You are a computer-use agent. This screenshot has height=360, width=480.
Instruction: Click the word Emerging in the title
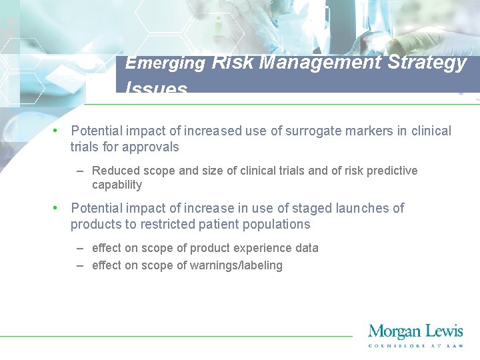point(165,63)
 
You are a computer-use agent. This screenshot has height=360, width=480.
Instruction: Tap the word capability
point(117,185)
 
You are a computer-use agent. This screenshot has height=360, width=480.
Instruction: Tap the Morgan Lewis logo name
point(415,331)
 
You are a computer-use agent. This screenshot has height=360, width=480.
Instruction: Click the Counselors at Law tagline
point(415,345)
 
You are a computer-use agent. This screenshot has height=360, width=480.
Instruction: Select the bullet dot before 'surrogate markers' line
point(57,131)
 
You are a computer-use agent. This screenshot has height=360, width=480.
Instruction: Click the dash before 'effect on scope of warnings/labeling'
point(80,265)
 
